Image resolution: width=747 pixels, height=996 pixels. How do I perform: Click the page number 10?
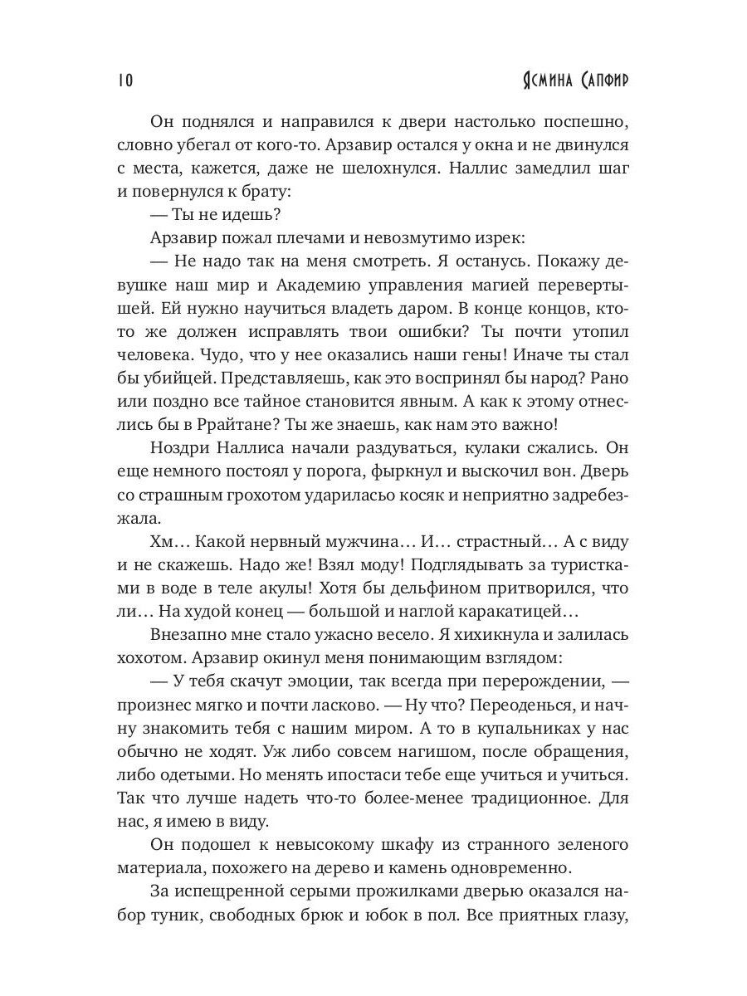click(124, 80)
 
